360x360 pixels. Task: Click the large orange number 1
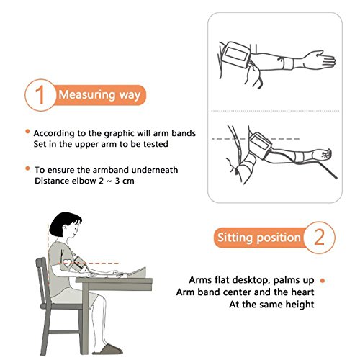(x=40, y=95)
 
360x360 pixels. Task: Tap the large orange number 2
(x=320, y=237)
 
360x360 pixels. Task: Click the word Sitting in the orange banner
(x=235, y=238)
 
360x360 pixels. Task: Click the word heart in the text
(x=302, y=292)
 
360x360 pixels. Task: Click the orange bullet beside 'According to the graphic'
(x=27, y=131)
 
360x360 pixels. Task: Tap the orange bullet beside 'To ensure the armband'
(x=27, y=168)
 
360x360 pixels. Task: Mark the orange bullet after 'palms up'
(x=323, y=280)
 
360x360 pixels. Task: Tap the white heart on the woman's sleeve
(x=68, y=263)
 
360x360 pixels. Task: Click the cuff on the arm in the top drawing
(x=236, y=55)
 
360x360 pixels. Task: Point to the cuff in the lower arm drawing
(x=261, y=145)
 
